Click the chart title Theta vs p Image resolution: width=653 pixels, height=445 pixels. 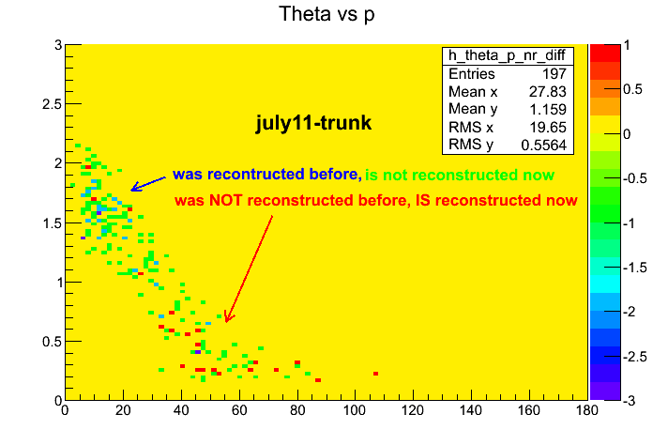pyautogui.click(x=326, y=15)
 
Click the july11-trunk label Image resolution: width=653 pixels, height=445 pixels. pyautogui.click(x=314, y=123)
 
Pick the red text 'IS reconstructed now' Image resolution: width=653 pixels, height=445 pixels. pyautogui.click(x=496, y=201)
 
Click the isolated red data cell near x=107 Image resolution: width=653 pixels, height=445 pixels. pyautogui.click(x=375, y=374)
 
